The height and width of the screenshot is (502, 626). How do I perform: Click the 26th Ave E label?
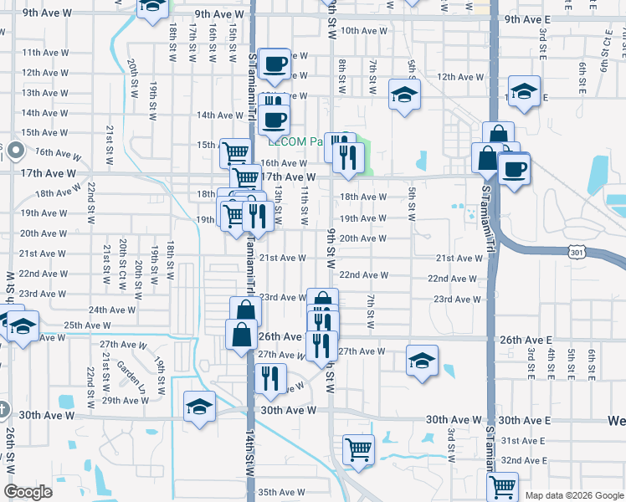pos(526,341)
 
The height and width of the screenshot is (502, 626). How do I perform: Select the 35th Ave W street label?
pos(280,492)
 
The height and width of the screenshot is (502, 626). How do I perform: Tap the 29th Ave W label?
pos(125,400)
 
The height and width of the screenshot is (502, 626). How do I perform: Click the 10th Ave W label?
pos(364,30)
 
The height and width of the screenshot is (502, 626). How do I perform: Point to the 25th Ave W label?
pos(87,325)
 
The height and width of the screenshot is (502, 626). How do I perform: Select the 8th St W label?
pos(342,76)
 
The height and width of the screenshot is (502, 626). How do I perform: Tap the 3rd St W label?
pos(450,443)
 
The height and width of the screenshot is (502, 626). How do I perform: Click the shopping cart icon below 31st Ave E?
pos(502,486)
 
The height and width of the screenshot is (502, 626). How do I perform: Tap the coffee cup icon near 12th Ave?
pos(274,63)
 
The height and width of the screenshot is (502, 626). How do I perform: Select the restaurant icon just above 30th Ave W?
pos(269,378)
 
